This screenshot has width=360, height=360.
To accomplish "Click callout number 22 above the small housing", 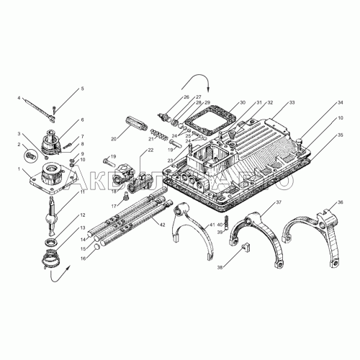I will point(150,149).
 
